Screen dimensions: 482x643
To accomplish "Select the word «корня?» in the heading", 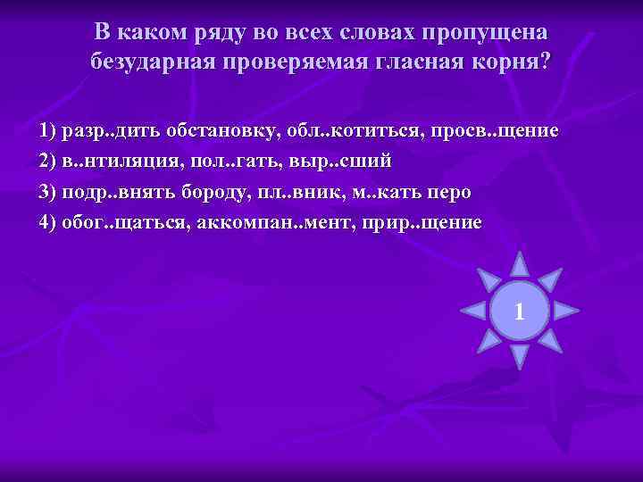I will pos(512,62).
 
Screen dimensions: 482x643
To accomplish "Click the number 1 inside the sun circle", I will pos(519,311).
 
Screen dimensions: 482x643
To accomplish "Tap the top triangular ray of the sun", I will pos(519,264).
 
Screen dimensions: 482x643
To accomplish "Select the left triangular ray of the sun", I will pos(472,311).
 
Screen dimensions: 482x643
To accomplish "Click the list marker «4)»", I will pos(48,222).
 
